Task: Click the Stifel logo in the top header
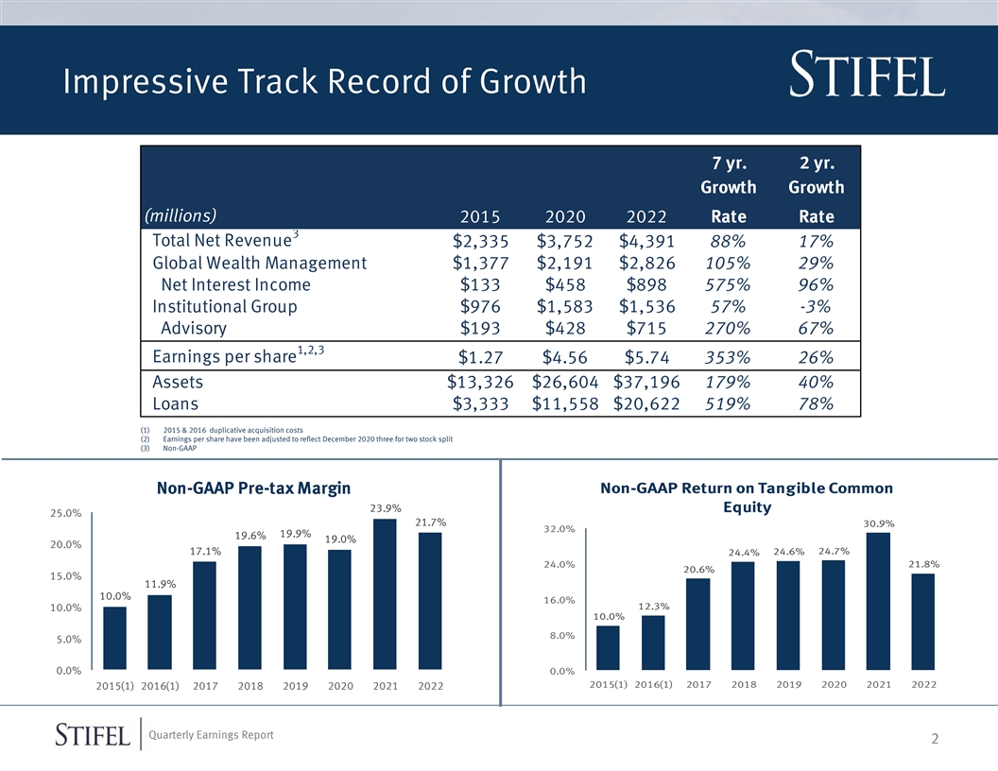[866, 77]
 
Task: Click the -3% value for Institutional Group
[815, 307]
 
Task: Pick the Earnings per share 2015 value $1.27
[478, 358]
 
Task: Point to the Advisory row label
[194, 329]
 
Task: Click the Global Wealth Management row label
[259, 263]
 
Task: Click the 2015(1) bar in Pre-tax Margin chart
[114, 638]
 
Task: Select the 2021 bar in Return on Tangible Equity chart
[878, 602]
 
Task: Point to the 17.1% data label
[205, 551]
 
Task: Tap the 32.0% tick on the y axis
[559, 529]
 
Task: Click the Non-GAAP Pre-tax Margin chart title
[253, 488]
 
